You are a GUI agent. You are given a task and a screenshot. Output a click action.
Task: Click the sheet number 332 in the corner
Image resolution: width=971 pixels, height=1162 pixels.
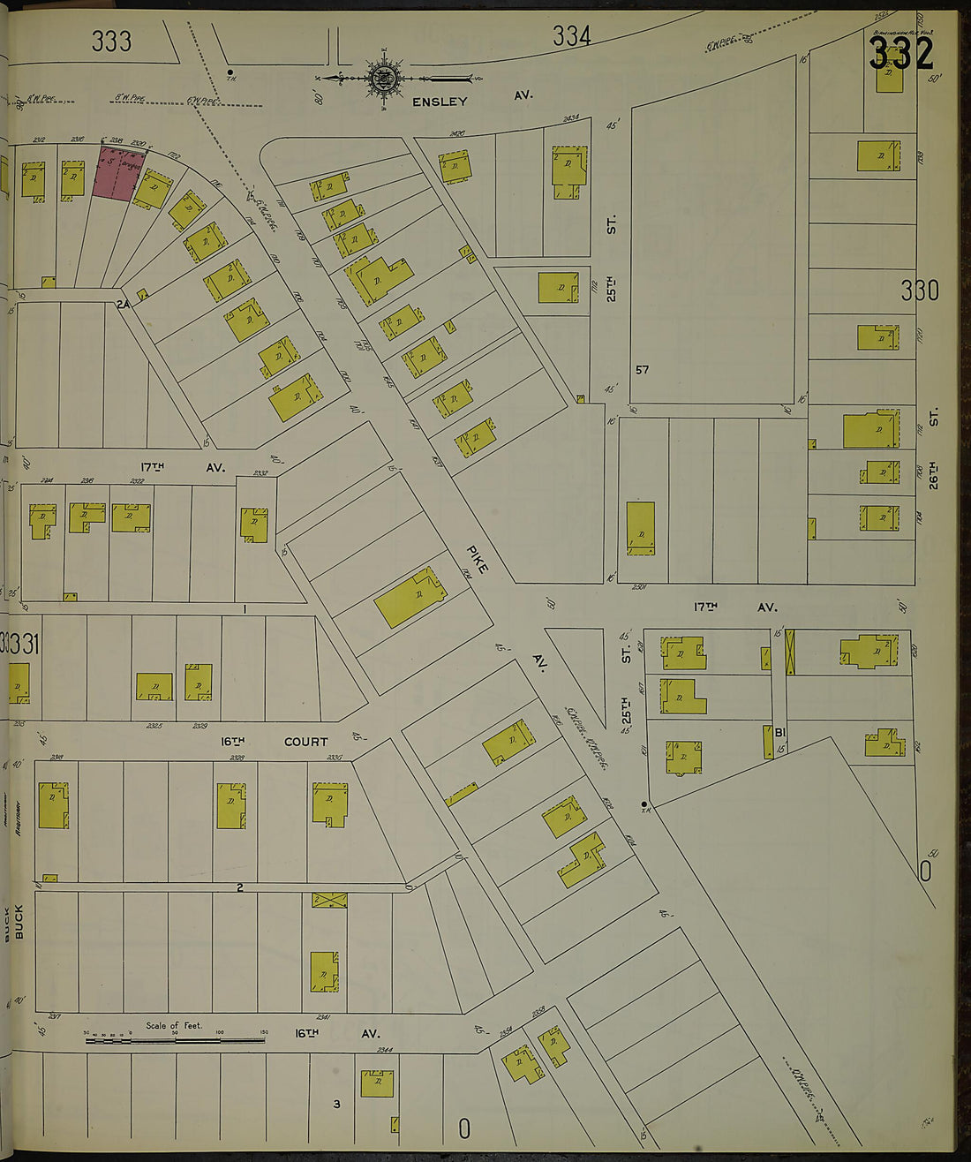coord(900,54)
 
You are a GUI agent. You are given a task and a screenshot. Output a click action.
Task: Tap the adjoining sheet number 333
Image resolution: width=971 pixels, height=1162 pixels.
coord(111,41)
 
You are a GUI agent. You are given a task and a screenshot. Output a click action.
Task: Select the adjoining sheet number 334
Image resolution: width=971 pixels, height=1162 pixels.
coord(571,36)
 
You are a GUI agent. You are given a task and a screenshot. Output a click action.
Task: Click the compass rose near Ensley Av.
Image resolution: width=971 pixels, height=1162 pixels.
coord(383,77)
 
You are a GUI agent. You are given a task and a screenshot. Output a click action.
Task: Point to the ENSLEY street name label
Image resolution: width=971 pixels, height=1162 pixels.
coord(440,102)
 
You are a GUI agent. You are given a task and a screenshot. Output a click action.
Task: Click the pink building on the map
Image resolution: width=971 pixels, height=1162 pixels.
coord(117,173)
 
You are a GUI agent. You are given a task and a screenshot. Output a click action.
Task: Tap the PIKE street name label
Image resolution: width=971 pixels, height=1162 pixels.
coord(477,560)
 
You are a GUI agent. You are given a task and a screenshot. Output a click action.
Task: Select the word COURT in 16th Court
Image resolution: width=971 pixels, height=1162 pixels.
coord(305,742)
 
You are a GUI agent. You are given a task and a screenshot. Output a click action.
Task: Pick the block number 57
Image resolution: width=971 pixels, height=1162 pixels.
coord(642,369)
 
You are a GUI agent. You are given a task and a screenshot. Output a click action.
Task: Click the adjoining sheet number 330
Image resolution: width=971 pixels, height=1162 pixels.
coord(920,290)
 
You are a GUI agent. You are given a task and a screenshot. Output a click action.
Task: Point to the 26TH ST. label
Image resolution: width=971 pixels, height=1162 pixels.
coord(933,450)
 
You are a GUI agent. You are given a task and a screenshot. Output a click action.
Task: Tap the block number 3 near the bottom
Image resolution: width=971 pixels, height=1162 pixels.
coord(336,1104)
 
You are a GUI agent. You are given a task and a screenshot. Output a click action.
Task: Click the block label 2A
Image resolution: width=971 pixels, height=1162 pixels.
coord(123,304)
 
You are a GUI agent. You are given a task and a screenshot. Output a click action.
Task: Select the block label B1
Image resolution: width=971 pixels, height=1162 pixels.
coord(780,732)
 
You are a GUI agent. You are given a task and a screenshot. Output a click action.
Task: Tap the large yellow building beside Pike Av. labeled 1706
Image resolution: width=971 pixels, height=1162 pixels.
coord(410,599)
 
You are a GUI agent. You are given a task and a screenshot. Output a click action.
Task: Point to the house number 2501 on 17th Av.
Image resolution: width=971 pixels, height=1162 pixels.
coord(616,586)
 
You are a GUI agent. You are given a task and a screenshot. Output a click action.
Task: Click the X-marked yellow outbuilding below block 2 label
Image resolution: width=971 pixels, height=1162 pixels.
coord(329,901)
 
